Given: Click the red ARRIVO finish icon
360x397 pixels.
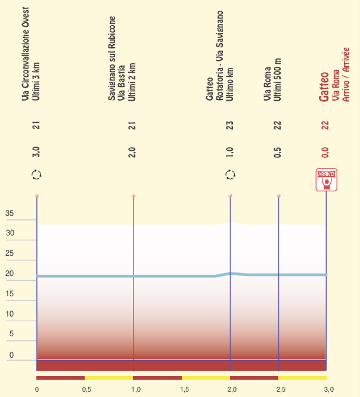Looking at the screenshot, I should click(326, 179).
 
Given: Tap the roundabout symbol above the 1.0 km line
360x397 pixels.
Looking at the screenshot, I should click(230, 175).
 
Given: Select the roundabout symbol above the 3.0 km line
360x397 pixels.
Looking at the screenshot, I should click(37, 175).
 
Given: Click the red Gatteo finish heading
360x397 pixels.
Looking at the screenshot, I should click(324, 87).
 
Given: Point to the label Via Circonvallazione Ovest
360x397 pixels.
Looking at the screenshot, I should click(26, 53).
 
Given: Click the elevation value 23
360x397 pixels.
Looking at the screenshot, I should click(229, 125).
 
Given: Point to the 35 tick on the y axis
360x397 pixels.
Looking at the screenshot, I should click(10, 213).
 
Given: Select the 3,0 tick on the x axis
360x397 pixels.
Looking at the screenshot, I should click(328, 390).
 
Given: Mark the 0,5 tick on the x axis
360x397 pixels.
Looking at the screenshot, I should click(86, 390).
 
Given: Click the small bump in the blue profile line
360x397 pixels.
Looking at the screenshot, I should click(231, 273).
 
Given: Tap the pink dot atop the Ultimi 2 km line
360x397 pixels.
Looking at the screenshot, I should click(134, 196).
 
